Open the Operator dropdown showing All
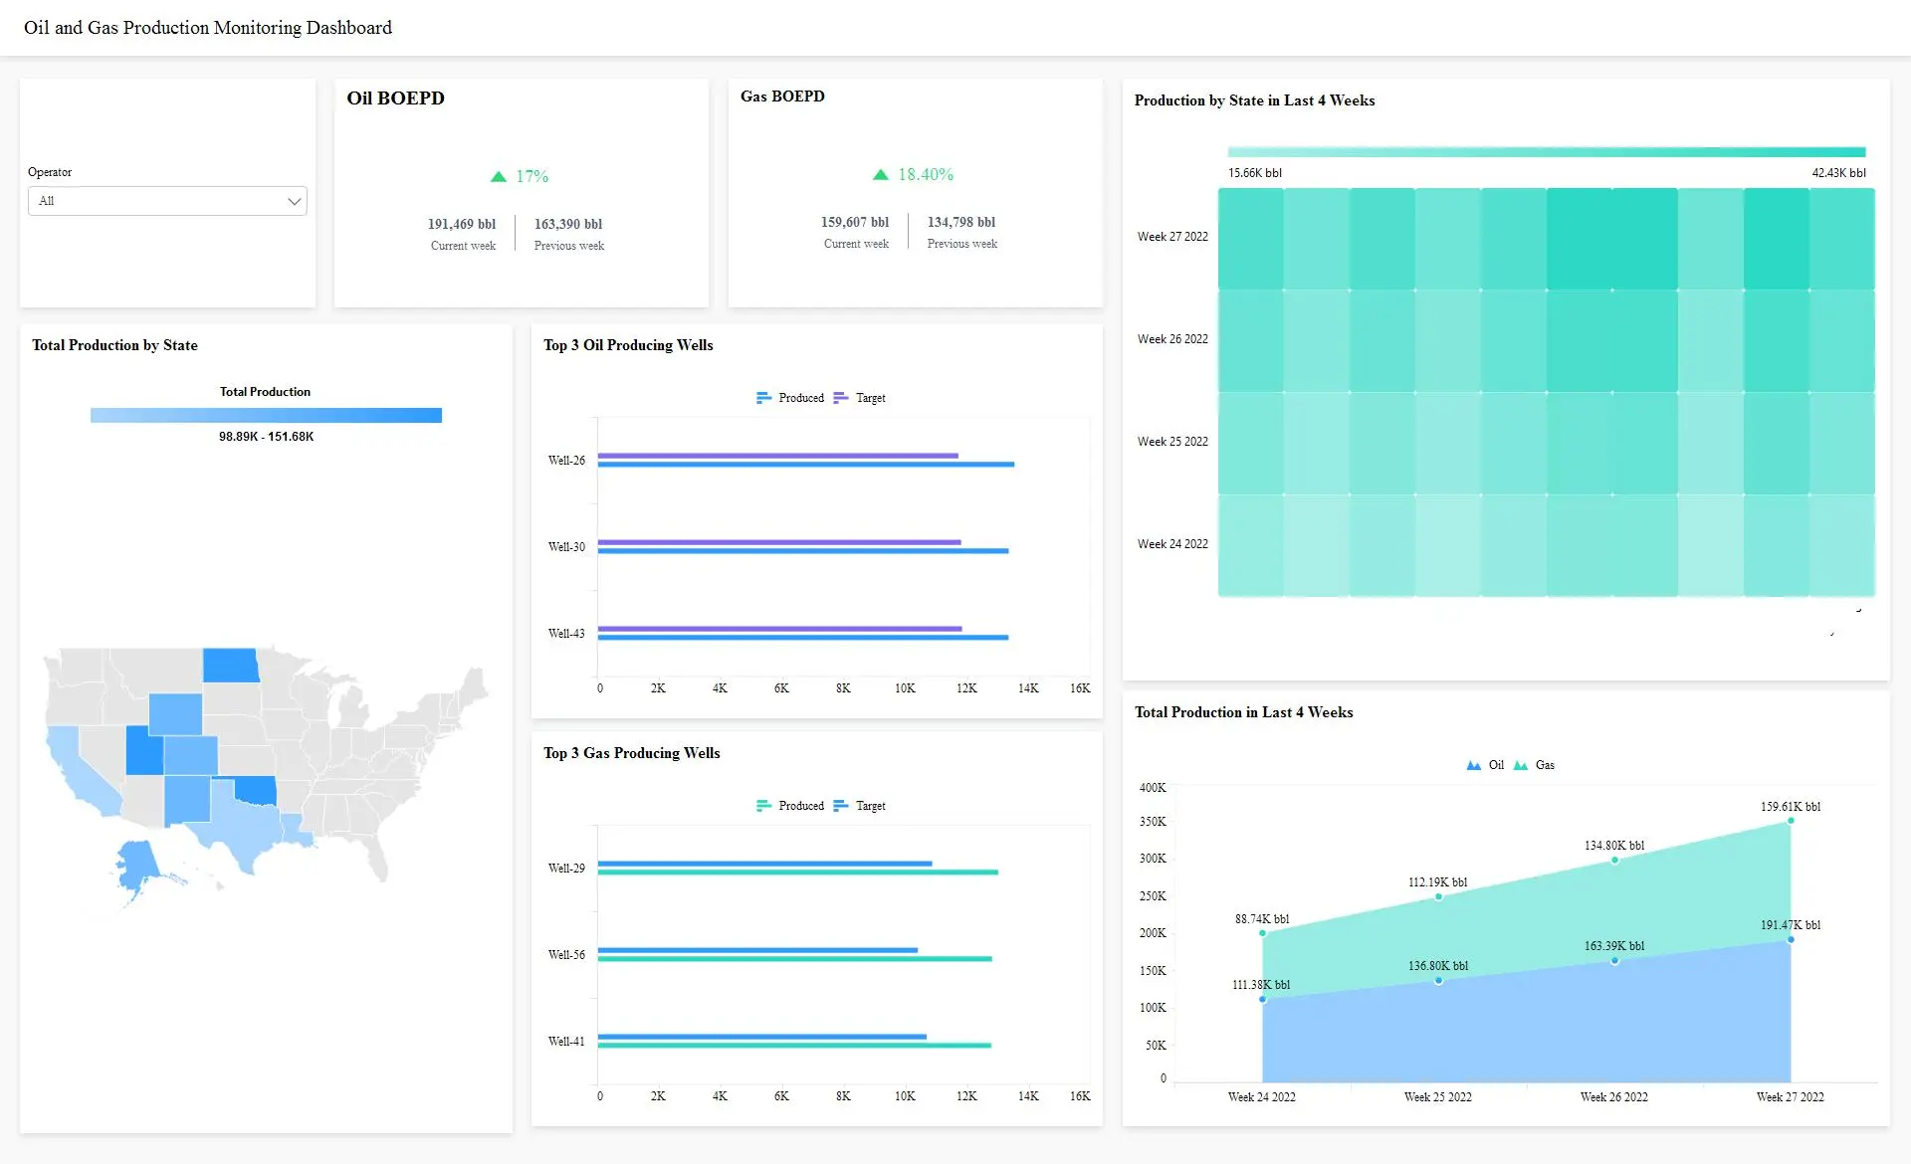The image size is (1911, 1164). [167, 201]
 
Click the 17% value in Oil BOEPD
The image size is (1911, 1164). [532, 176]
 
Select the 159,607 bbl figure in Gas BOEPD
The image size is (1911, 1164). [854, 222]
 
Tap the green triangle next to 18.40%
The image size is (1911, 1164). [880, 174]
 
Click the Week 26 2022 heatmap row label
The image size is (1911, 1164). [1172, 339]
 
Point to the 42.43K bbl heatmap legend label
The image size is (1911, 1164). [1838, 173]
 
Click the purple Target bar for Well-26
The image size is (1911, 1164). [777, 456]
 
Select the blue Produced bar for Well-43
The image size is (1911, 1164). [802, 638]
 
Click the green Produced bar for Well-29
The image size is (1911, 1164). [797, 873]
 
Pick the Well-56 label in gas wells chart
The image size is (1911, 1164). [566, 955]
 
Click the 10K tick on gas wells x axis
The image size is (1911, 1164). [904, 1096]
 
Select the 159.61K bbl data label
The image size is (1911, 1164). [1790, 807]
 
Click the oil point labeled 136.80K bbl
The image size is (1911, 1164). [1438, 981]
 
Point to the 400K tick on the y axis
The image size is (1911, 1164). [1153, 788]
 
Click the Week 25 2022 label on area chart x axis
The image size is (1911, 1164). [1437, 1097]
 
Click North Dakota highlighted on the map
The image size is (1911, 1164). [230, 666]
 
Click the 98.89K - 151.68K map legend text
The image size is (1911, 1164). [266, 437]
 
